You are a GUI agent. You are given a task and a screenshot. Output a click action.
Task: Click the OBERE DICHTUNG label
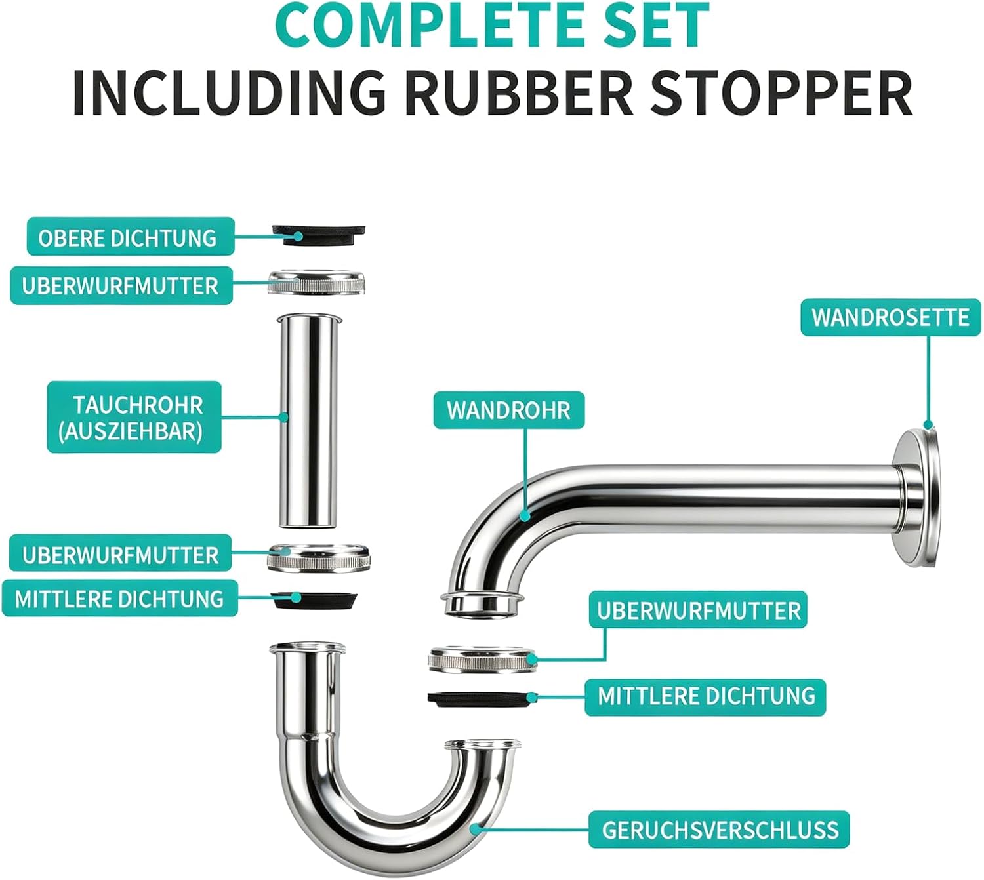(131, 237)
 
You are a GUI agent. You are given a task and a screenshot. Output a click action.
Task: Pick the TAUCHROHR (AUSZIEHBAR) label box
(134, 417)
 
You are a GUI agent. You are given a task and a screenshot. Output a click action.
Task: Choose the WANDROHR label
(508, 410)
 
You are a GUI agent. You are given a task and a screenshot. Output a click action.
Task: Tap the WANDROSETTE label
(890, 317)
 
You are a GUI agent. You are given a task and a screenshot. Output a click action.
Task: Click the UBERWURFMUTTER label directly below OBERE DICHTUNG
(121, 285)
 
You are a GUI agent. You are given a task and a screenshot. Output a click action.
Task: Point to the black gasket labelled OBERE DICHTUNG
(318, 235)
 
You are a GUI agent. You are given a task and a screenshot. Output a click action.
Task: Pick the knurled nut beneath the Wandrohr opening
(483, 659)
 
